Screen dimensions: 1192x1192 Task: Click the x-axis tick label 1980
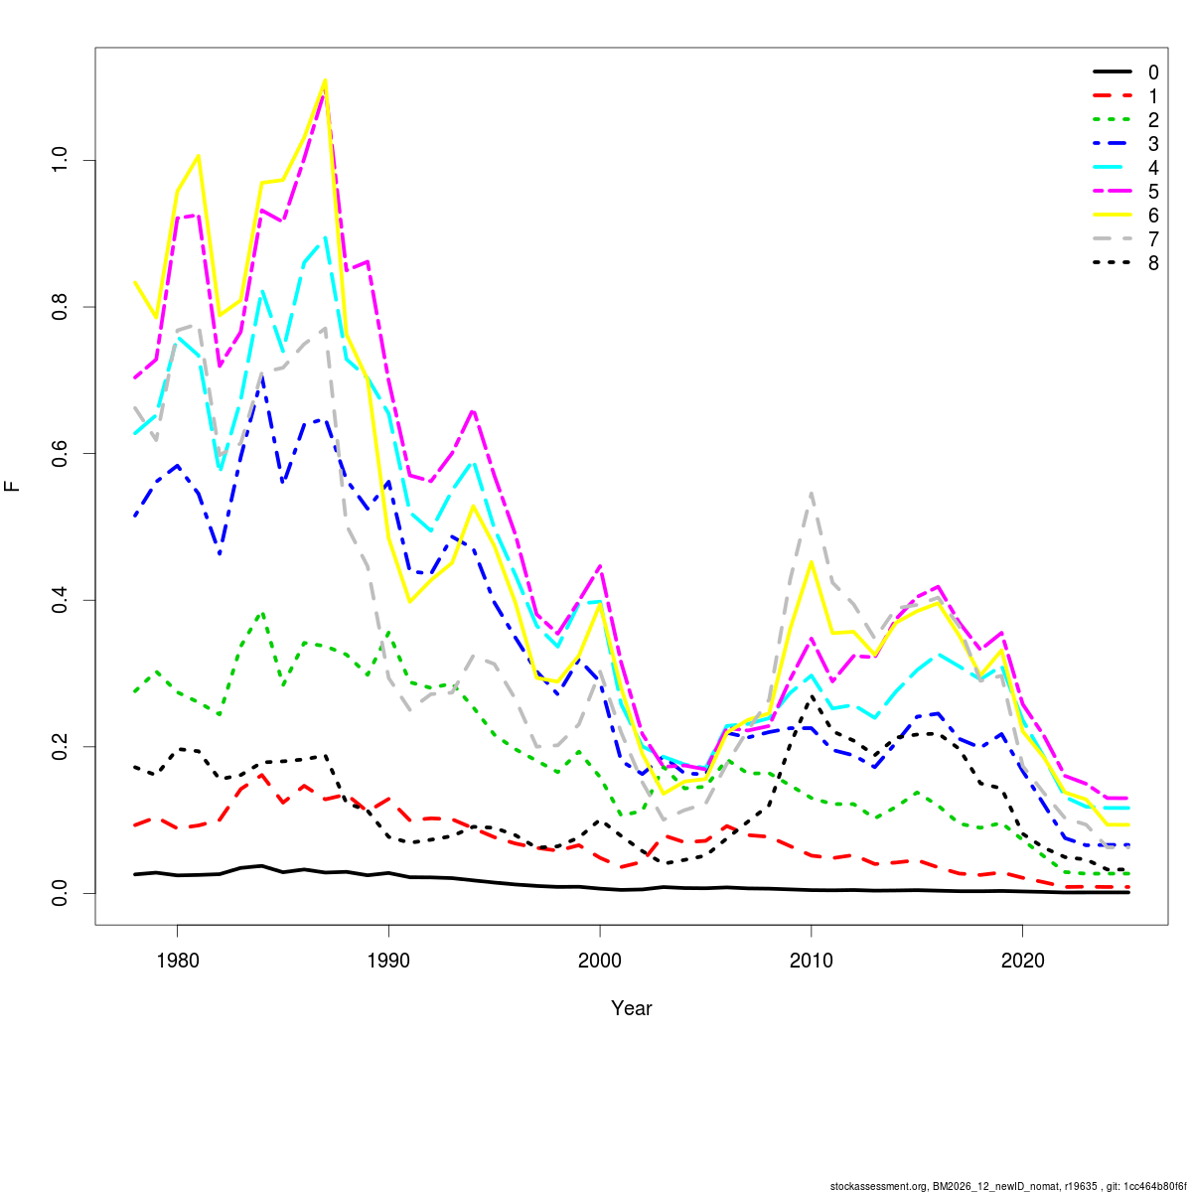tap(177, 961)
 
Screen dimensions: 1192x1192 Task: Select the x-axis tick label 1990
tap(388, 961)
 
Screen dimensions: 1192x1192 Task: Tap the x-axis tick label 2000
tap(600, 961)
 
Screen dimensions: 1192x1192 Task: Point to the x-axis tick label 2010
tap(812, 961)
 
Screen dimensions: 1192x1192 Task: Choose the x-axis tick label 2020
tap(1023, 961)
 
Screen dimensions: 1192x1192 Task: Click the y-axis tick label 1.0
tap(60, 160)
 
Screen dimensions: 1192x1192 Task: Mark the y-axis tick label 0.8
tap(60, 307)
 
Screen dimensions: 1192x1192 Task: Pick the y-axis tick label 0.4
tap(60, 600)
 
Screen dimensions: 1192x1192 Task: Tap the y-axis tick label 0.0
tap(60, 893)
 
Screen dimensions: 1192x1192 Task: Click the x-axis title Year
tap(632, 1008)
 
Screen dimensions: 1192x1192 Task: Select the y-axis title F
tap(13, 487)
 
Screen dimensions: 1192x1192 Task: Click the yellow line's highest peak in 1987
tap(325, 80)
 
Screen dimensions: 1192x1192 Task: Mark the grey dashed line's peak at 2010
tap(812, 493)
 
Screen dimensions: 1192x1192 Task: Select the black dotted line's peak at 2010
tap(812, 697)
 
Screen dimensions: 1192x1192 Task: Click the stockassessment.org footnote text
tap(1009, 1185)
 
